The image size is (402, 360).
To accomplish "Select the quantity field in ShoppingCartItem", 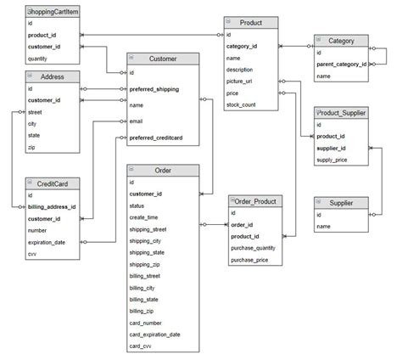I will [37, 59].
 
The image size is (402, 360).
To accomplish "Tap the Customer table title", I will [163, 59].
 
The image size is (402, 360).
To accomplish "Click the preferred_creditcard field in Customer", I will [156, 137].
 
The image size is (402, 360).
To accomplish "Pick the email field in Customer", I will [136, 121].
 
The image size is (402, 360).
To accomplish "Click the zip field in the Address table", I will [31, 147].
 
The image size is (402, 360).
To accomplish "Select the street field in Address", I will [36, 111].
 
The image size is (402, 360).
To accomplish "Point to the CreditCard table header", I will [52, 183].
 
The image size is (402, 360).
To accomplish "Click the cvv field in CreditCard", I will [32, 254].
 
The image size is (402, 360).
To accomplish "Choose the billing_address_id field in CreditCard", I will [52, 206].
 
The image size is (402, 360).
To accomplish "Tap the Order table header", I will [163, 171].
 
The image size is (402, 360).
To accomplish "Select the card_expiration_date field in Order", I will [155, 335].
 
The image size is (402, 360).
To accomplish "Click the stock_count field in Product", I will [243, 104].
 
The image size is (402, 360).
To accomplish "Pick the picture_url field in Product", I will [242, 81].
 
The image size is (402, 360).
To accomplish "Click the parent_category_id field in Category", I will [342, 65].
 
